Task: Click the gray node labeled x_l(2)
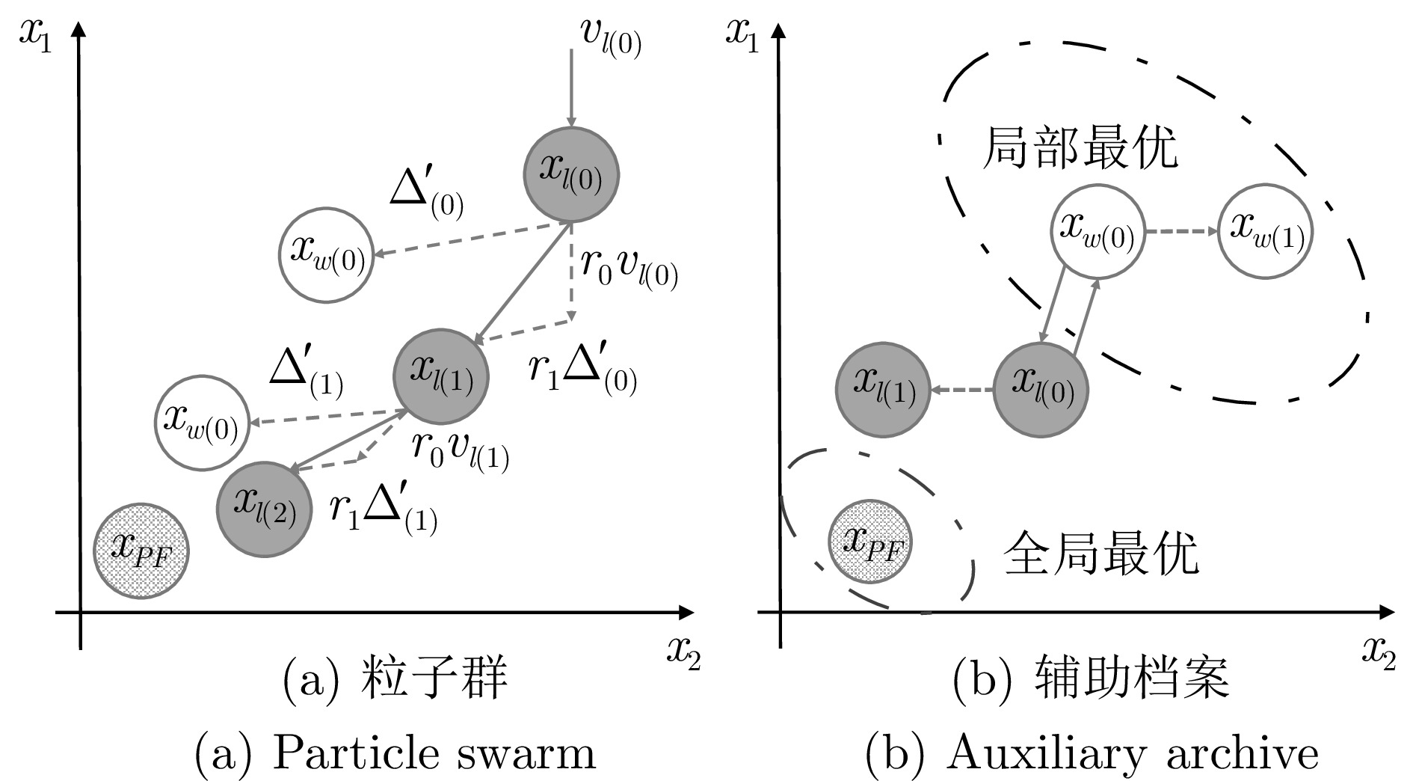click(264, 508)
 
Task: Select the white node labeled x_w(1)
click(1265, 231)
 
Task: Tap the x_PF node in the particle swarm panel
click(141, 551)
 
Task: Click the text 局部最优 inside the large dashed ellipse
click(1079, 147)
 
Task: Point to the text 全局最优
click(1100, 553)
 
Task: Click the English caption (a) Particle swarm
click(395, 752)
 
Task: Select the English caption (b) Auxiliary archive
click(1092, 752)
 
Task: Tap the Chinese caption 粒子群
click(434, 679)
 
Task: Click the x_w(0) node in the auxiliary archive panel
click(1098, 231)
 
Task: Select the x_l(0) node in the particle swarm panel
click(571, 174)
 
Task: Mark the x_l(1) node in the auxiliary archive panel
click(883, 390)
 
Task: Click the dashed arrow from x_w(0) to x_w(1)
click(1182, 231)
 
